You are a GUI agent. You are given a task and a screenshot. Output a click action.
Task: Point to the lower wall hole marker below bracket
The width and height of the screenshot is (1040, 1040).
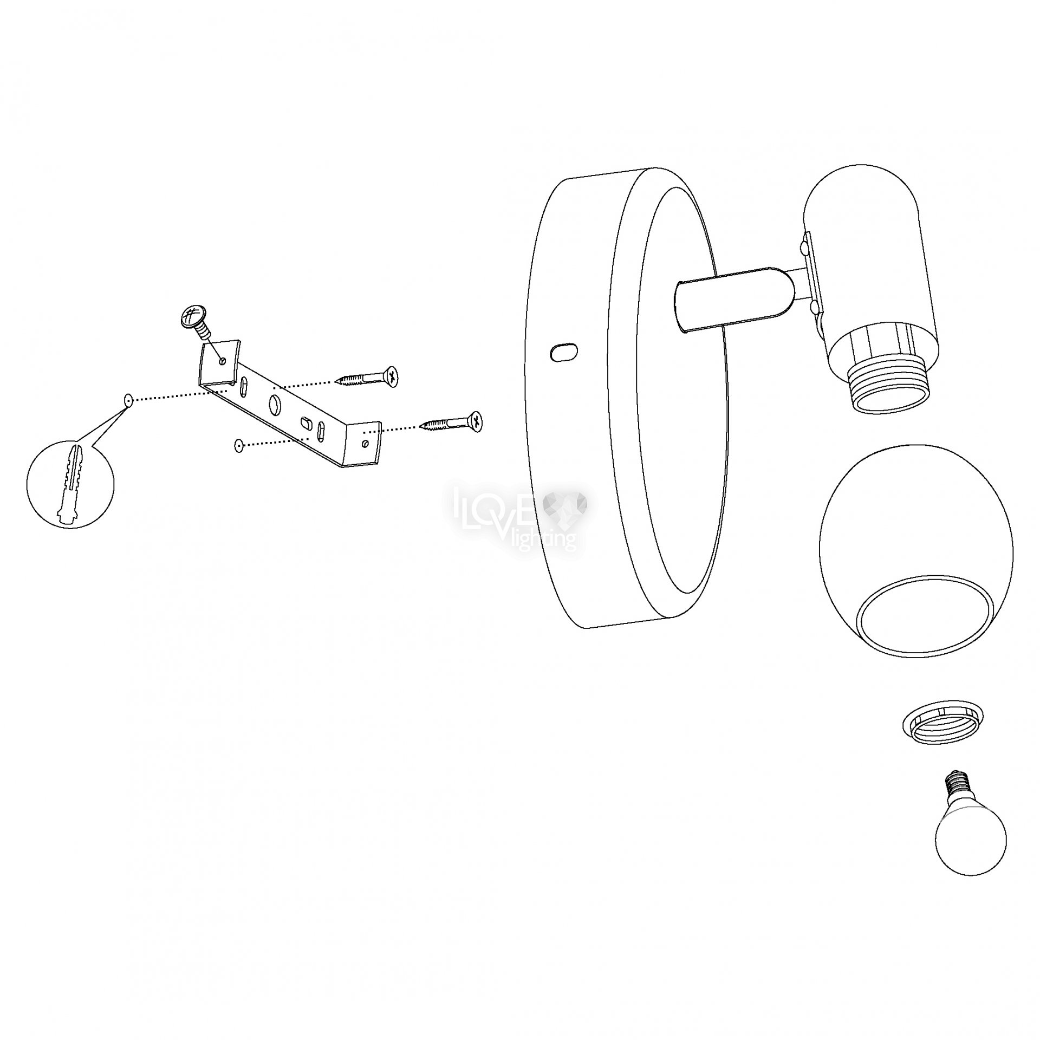click(x=238, y=430)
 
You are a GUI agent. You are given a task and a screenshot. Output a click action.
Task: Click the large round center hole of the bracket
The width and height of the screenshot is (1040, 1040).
click(x=275, y=403)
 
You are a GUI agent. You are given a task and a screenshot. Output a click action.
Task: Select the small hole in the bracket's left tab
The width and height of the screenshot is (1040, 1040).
click(x=222, y=360)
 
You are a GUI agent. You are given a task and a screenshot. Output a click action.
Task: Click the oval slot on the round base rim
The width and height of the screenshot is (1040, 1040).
click(x=563, y=352)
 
